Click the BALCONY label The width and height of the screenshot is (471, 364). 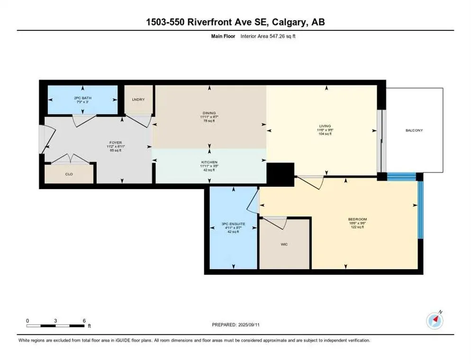[x=414, y=130]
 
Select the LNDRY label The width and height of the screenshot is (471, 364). [x=138, y=99]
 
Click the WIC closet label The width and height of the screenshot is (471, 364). [x=283, y=245]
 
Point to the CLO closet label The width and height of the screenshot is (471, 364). [x=69, y=174]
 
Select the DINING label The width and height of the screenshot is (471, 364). [x=208, y=112]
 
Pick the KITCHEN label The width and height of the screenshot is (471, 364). [x=208, y=162]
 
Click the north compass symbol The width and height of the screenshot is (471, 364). [x=434, y=320]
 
